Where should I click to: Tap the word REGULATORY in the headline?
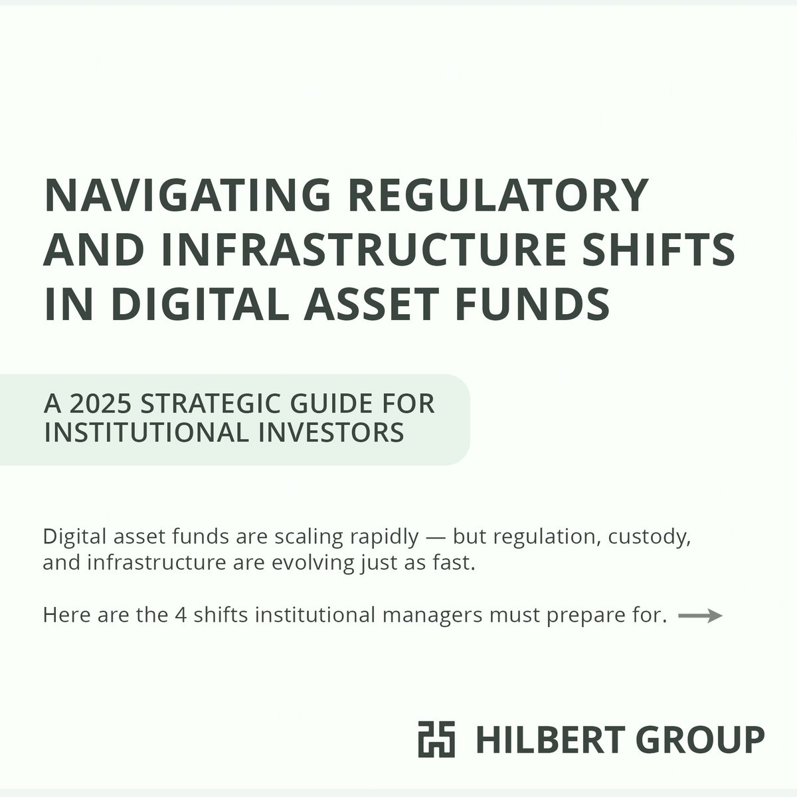(498, 196)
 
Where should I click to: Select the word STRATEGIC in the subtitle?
(208, 404)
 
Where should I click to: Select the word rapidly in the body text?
(383, 537)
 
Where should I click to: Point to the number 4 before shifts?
(180, 615)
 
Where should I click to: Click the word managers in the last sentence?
(432, 616)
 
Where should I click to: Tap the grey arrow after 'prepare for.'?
(700, 616)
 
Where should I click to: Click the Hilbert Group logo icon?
(437, 739)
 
